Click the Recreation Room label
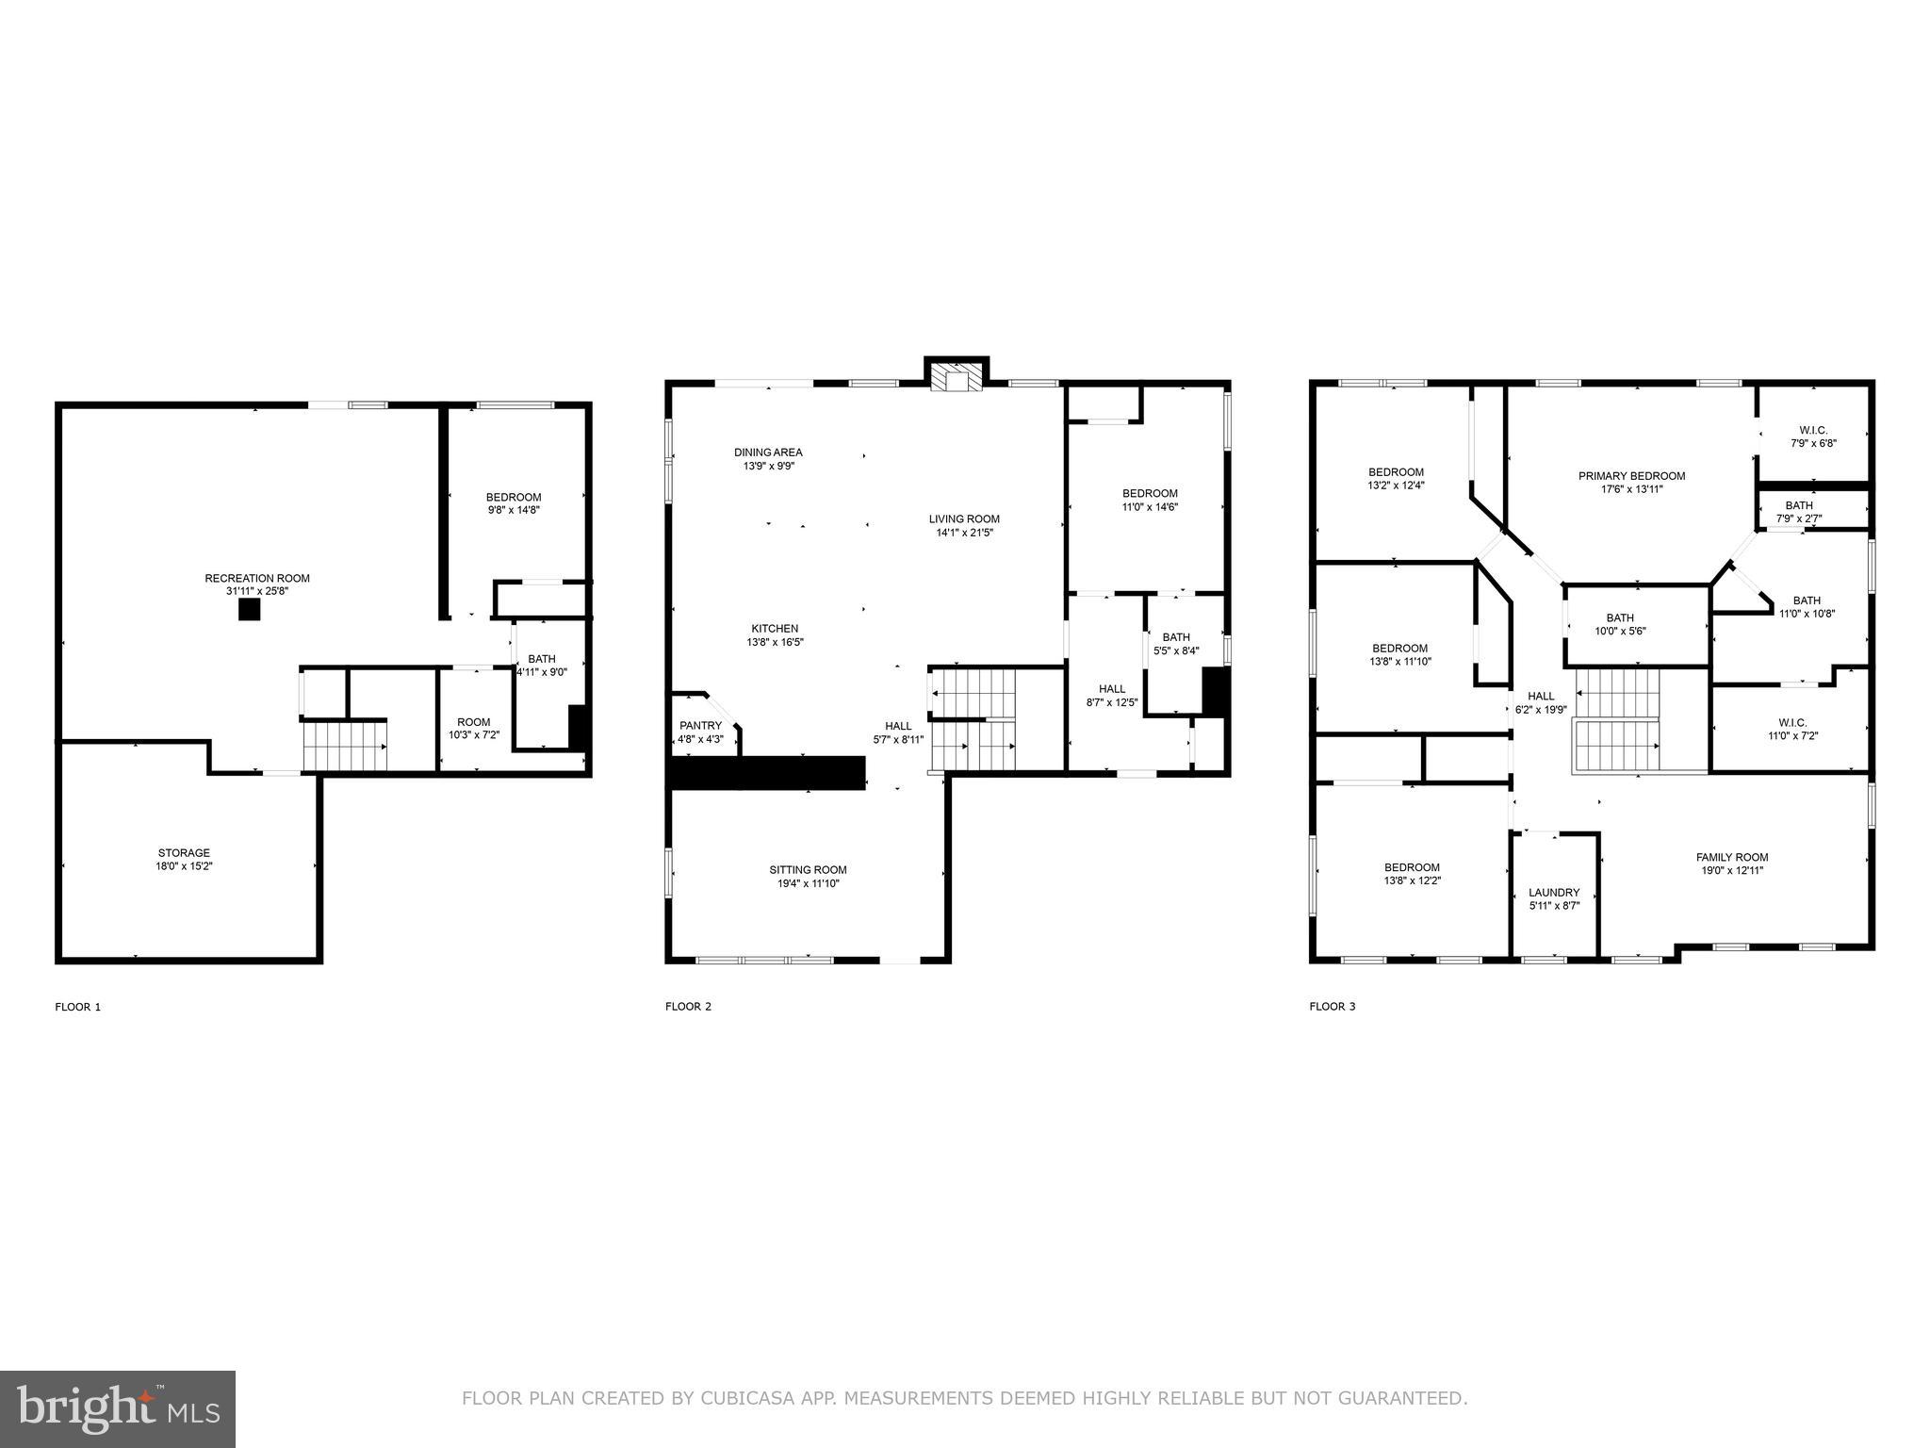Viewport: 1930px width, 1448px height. pyautogui.click(x=257, y=579)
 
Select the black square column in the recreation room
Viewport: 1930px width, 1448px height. pyautogui.click(x=249, y=610)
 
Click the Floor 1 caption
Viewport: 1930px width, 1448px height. pyautogui.click(x=77, y=1007)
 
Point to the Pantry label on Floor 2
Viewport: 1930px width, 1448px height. pyautogui.click(x=700, y=726)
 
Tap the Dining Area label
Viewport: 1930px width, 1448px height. pyautogui.click(x=768, y=452)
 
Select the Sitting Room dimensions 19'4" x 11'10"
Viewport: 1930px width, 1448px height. pyautogui.click(x=808, y=883)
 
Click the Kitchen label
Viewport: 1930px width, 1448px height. pyautogui.click(x=775, y=629)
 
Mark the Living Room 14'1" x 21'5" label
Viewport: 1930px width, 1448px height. pyautogui.click(x=964, y=525)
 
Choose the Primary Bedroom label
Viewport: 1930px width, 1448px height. pyautogui.click(x=1631, y=476)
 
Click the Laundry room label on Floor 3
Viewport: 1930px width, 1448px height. pyautogui.click(x=1554, y=893)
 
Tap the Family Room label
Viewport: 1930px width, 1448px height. pyautogui.click(x=1732, y=858)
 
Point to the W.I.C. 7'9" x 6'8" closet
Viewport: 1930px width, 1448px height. pyautogui.click(x=1813, y=436)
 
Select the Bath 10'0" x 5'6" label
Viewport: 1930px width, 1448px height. pyautogui.click(x=1620, y=624)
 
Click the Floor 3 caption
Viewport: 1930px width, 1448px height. pyautogui.click(x=1332, y=1007)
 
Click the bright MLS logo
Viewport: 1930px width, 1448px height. pyautogui.click(x=118, y=1409)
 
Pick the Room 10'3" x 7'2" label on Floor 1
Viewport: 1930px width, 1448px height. pyautogui.click(x=473, y=728)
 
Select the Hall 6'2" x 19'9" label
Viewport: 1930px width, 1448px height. pyautogui.click(x=1540, y=702)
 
